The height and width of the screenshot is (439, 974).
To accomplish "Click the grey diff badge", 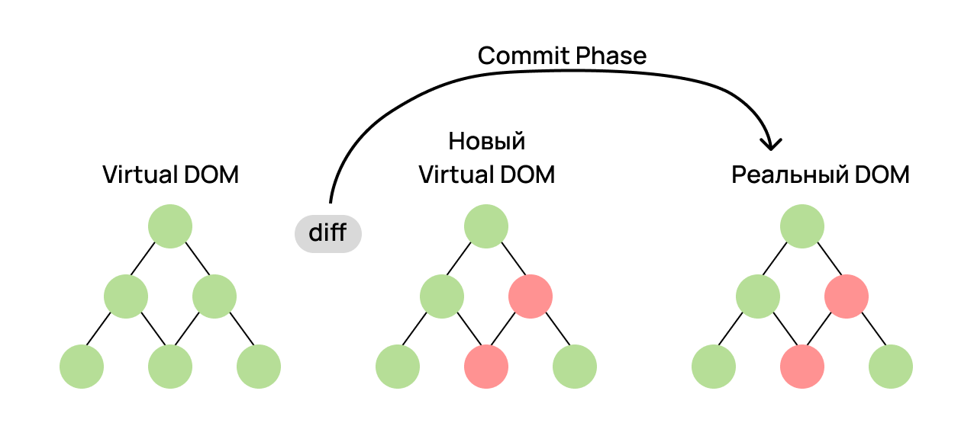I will click(x=327, y=233).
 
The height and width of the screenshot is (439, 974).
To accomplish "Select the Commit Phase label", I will click(x=562, y=56).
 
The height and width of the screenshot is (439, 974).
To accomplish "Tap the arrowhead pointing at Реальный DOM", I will click(x=774, y=143).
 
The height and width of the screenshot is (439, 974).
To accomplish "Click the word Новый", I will click(x=487, y=142).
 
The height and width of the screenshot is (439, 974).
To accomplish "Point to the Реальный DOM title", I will click(x=821, y=175).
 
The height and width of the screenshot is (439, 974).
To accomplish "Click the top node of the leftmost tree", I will click(x=170, y=226).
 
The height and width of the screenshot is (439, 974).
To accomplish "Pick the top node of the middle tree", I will click(x=486, y=226).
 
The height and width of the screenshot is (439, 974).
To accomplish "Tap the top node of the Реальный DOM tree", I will click(x=802, y=226).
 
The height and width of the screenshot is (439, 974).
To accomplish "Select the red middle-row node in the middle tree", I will click(x=531, y=296).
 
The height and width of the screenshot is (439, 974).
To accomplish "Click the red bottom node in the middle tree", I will click(x=486, y=367).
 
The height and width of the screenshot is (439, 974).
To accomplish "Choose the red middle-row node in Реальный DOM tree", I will click(x=847, y=296).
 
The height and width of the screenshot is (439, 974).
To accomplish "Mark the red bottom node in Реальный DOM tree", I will click(x=802, y=367).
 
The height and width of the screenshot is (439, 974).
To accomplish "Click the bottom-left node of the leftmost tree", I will click(x=82, y=367).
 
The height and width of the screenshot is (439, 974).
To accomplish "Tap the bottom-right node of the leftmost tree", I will click(x=259, y=367).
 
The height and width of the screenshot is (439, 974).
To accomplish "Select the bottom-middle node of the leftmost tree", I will click(x=170, y=367).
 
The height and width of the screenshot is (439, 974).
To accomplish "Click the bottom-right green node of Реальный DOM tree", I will click(x=891, y=367).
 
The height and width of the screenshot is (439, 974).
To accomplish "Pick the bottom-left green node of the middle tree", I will click(x=398, y=367).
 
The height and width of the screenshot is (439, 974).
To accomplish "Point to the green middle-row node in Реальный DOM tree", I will click(x=758, y=296).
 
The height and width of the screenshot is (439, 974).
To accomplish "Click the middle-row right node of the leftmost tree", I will click(x=214, y=296).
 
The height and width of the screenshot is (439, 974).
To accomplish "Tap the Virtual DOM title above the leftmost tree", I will click(x=170, y=175).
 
